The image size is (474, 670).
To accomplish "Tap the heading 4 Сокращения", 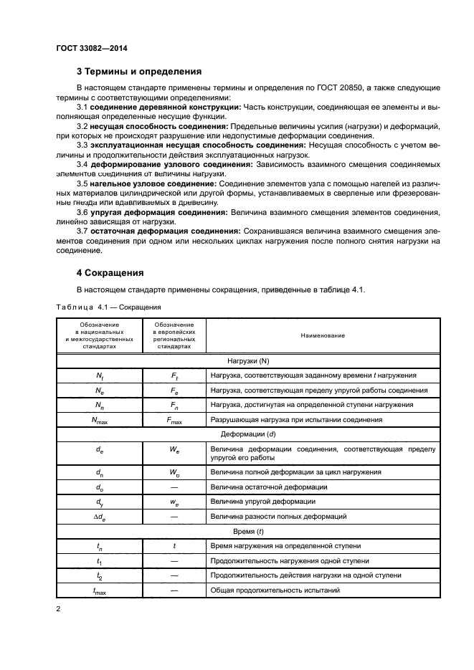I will click(x=110, y=273).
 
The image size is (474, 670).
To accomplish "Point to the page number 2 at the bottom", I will click(x=59, y=609).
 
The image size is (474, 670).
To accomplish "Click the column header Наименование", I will click(x=323, y=335).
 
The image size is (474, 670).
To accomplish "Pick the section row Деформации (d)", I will click(x=248, y=435).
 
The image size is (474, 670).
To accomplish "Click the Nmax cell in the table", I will click(x=100, y=421).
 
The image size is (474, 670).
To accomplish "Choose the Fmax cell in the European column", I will click(x=174, y=421).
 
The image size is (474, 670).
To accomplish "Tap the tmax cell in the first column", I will click(x=100, y=590).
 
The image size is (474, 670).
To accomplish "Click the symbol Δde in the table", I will click(x=100, y=517).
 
